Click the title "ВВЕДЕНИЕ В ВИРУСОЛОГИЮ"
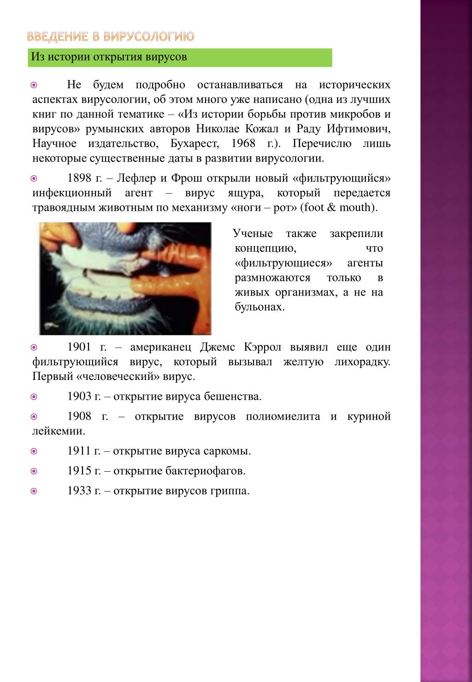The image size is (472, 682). click(x=110, y=36)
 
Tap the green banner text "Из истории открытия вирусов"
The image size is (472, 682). click(x=109, y=57)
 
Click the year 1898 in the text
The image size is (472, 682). click(x=79, y=178)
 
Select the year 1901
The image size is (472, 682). click(x=79, y=347)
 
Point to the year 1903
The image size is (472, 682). click(x=79, y=396)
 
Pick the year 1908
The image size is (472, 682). click(x=79, y=416)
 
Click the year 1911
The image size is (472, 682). click(x=79, y=451)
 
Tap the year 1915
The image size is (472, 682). click(x=79, y=471)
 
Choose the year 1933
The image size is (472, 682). click(x=79, y=491)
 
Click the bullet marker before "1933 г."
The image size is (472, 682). click(x=34, y=491)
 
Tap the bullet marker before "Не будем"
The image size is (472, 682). click(x=34, y=85)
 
